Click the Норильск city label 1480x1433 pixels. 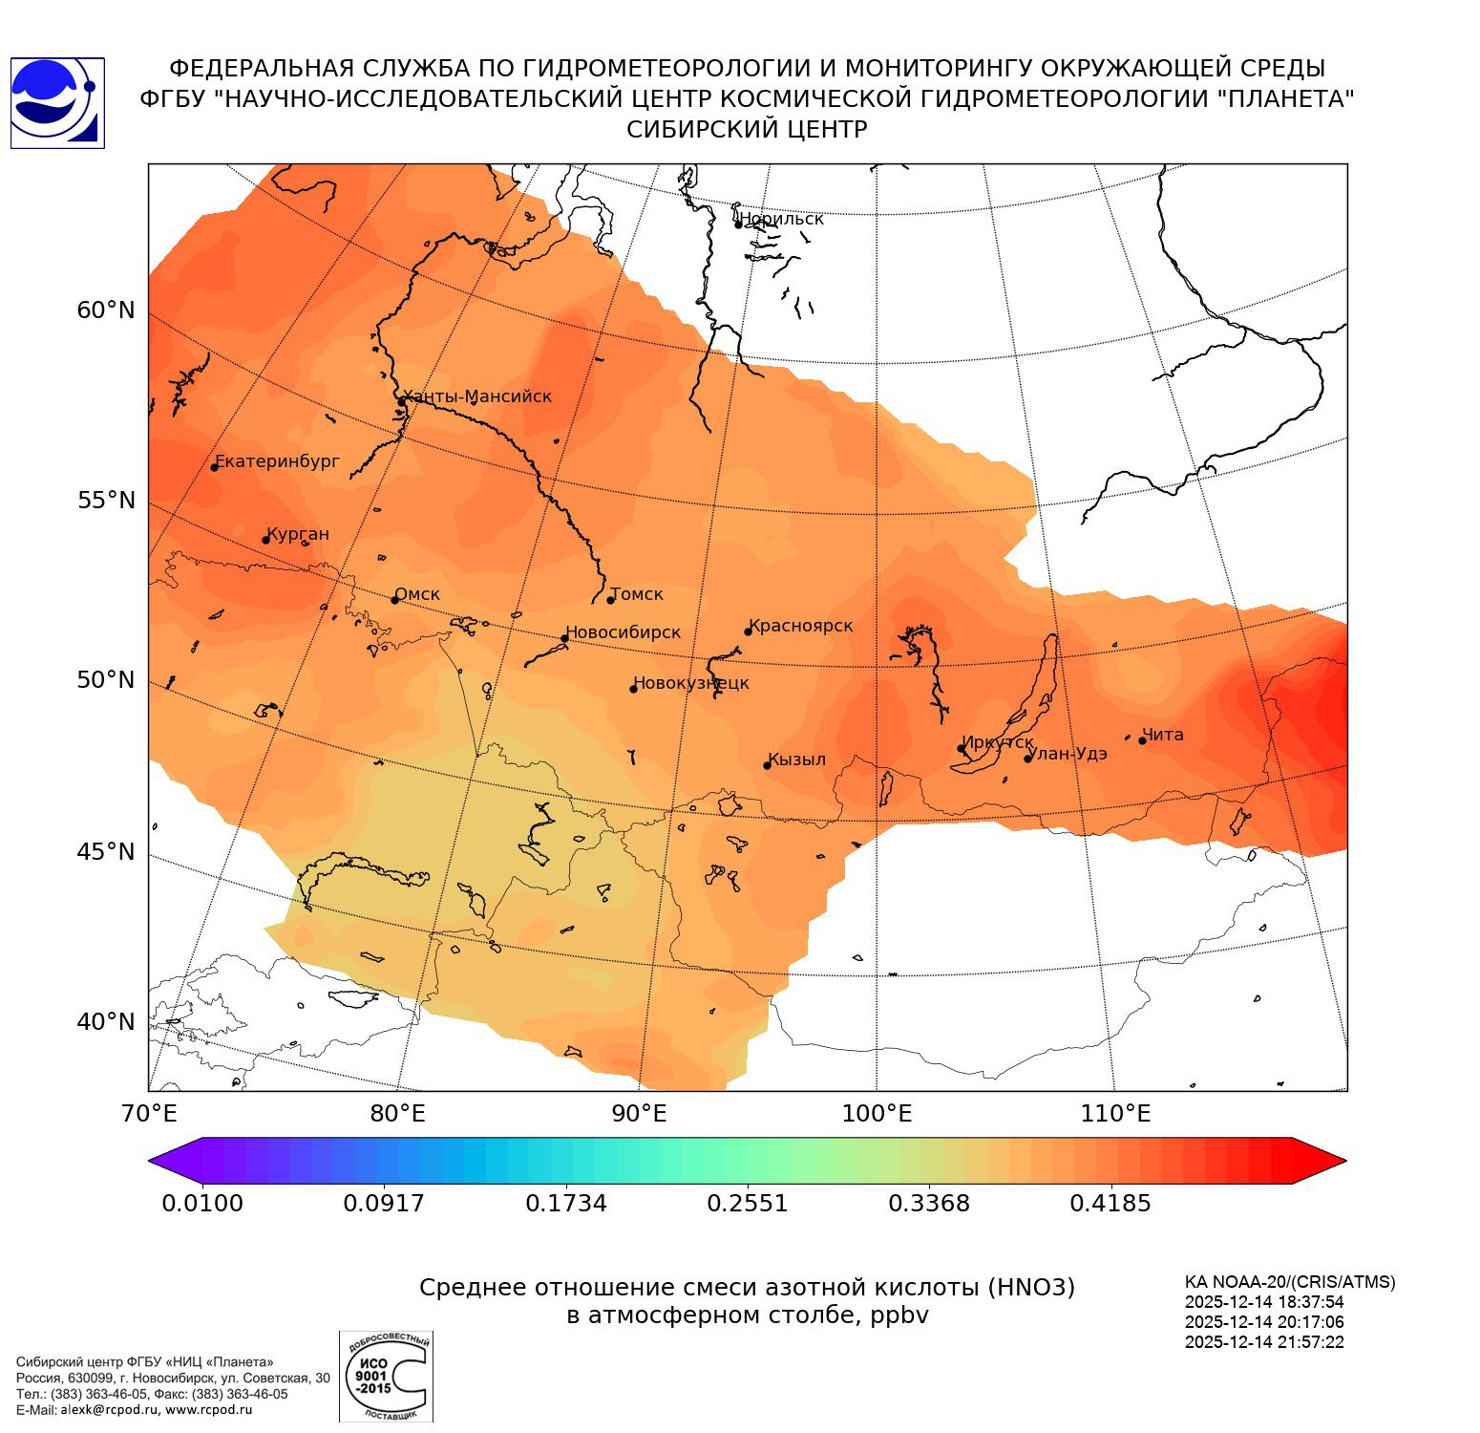[x=781, y=219]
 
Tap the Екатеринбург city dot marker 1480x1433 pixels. [x=215, y=466]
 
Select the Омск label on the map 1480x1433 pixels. [x=417, y=594]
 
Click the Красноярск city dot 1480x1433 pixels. [x=749, y=631]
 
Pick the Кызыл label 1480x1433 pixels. [x=796, y=759]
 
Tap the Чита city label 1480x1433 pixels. [x=1163, y=735]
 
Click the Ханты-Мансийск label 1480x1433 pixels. [x=476, y=396]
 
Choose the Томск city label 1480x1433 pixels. [x=636, y=594]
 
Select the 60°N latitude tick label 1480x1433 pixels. [x=106, y=310]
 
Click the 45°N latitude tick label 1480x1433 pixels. [x=106, y=851]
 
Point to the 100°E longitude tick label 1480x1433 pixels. [x=877, y=1114]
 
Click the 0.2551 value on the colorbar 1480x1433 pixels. [x=748, y=1203]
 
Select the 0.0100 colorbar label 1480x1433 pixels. [x=202, y=1203]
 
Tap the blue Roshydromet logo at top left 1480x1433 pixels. [x=57, y=103]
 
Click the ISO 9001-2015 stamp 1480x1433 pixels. [x=386, y=1376]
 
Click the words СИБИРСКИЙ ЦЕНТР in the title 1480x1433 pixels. [x=747, y=130]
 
